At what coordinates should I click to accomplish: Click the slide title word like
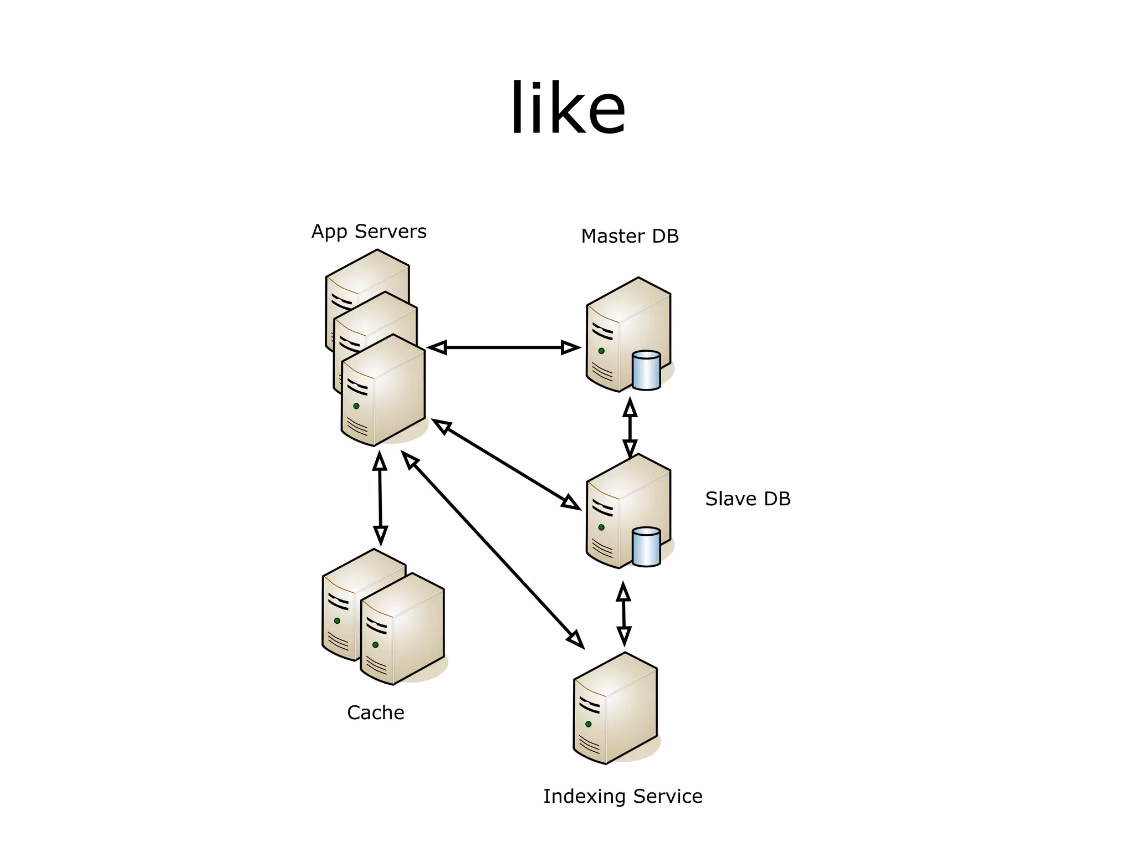click(567, 108)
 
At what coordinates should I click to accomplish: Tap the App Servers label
click(369, 232)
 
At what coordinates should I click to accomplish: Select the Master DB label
click(630, 237)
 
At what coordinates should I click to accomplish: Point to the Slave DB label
click(747, 499)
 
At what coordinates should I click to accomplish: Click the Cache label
click(375, 712)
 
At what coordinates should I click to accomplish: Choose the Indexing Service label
click(622, 797)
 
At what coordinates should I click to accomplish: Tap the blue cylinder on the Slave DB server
click(646, 547)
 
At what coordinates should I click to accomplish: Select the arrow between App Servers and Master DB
click(504, 348)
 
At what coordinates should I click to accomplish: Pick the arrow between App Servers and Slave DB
click(505, 464)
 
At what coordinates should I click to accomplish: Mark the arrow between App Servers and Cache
click(380, 498)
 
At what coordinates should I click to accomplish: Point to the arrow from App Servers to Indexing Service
click(492, 550)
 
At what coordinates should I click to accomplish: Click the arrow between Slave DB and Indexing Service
click(623, 614)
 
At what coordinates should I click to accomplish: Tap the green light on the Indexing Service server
click(588, 724)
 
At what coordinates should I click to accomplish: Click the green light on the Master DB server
click(601, 351)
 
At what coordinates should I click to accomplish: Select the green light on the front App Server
click(356, 406)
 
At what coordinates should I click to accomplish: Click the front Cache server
click(402, 632)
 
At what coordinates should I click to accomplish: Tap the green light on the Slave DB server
click(601, 527)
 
